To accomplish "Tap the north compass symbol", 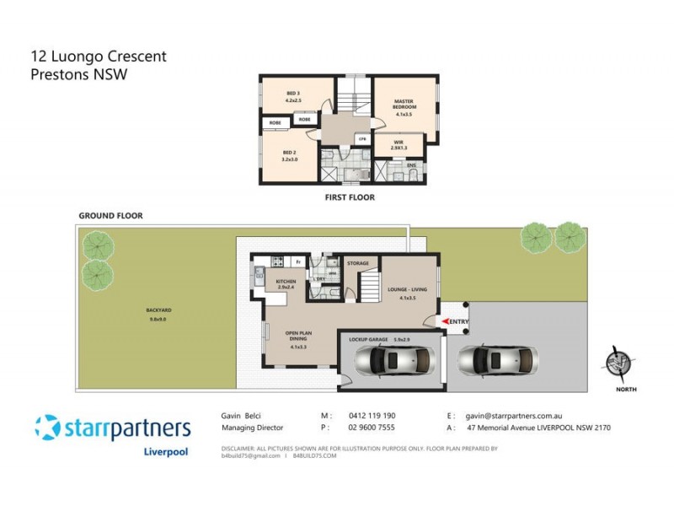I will point(620,363).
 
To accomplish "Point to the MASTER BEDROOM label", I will point(404,104).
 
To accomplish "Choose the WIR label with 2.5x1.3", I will point(399,146).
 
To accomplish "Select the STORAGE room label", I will point(358,264).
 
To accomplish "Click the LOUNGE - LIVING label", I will point(408,291).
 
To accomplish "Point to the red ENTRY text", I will point(459,321).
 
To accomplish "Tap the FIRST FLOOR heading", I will point(350,197).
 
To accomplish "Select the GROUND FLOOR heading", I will point(111,216).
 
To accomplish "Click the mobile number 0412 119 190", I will point(372,416).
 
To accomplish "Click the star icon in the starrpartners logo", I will point(47,428).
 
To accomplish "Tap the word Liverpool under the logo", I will point(166,451).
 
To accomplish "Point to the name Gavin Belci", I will point(238,416).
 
